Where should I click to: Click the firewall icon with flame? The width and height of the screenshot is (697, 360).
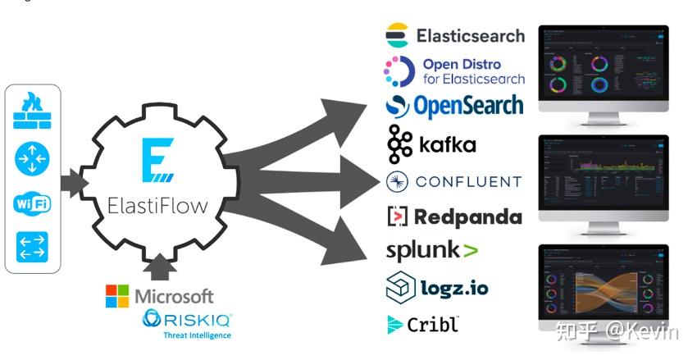click(x=32, y=112)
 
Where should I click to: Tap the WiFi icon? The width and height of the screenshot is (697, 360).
click(x=32, y=203)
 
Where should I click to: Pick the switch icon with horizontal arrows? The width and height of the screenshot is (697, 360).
click(x=32, y=246)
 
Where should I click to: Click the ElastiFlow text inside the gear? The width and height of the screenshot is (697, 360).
click(x=157, y=205)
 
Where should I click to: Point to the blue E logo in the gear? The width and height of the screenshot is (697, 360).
click(x=157, y=161)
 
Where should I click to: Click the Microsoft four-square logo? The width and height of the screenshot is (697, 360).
click(x=117, y=296)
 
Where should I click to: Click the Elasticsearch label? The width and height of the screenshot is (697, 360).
click(x=470, y=36)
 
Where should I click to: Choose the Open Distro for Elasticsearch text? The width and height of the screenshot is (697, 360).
click(x=473, y=71)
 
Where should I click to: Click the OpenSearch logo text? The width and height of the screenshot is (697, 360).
click(x=467, y=106)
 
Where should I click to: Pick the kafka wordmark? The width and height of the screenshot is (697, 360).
click(x=447, y=144)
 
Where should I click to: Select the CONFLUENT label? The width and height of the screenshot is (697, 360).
click(x=467, y=181)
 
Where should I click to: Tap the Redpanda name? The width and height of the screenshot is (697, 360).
click(x=467, y=216)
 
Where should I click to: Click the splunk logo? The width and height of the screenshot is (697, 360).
click(x=432, y=250)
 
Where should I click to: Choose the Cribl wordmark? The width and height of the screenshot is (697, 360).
click(x=433, y=324)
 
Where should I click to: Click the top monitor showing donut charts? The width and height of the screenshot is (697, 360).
click(x=603, y=70)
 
